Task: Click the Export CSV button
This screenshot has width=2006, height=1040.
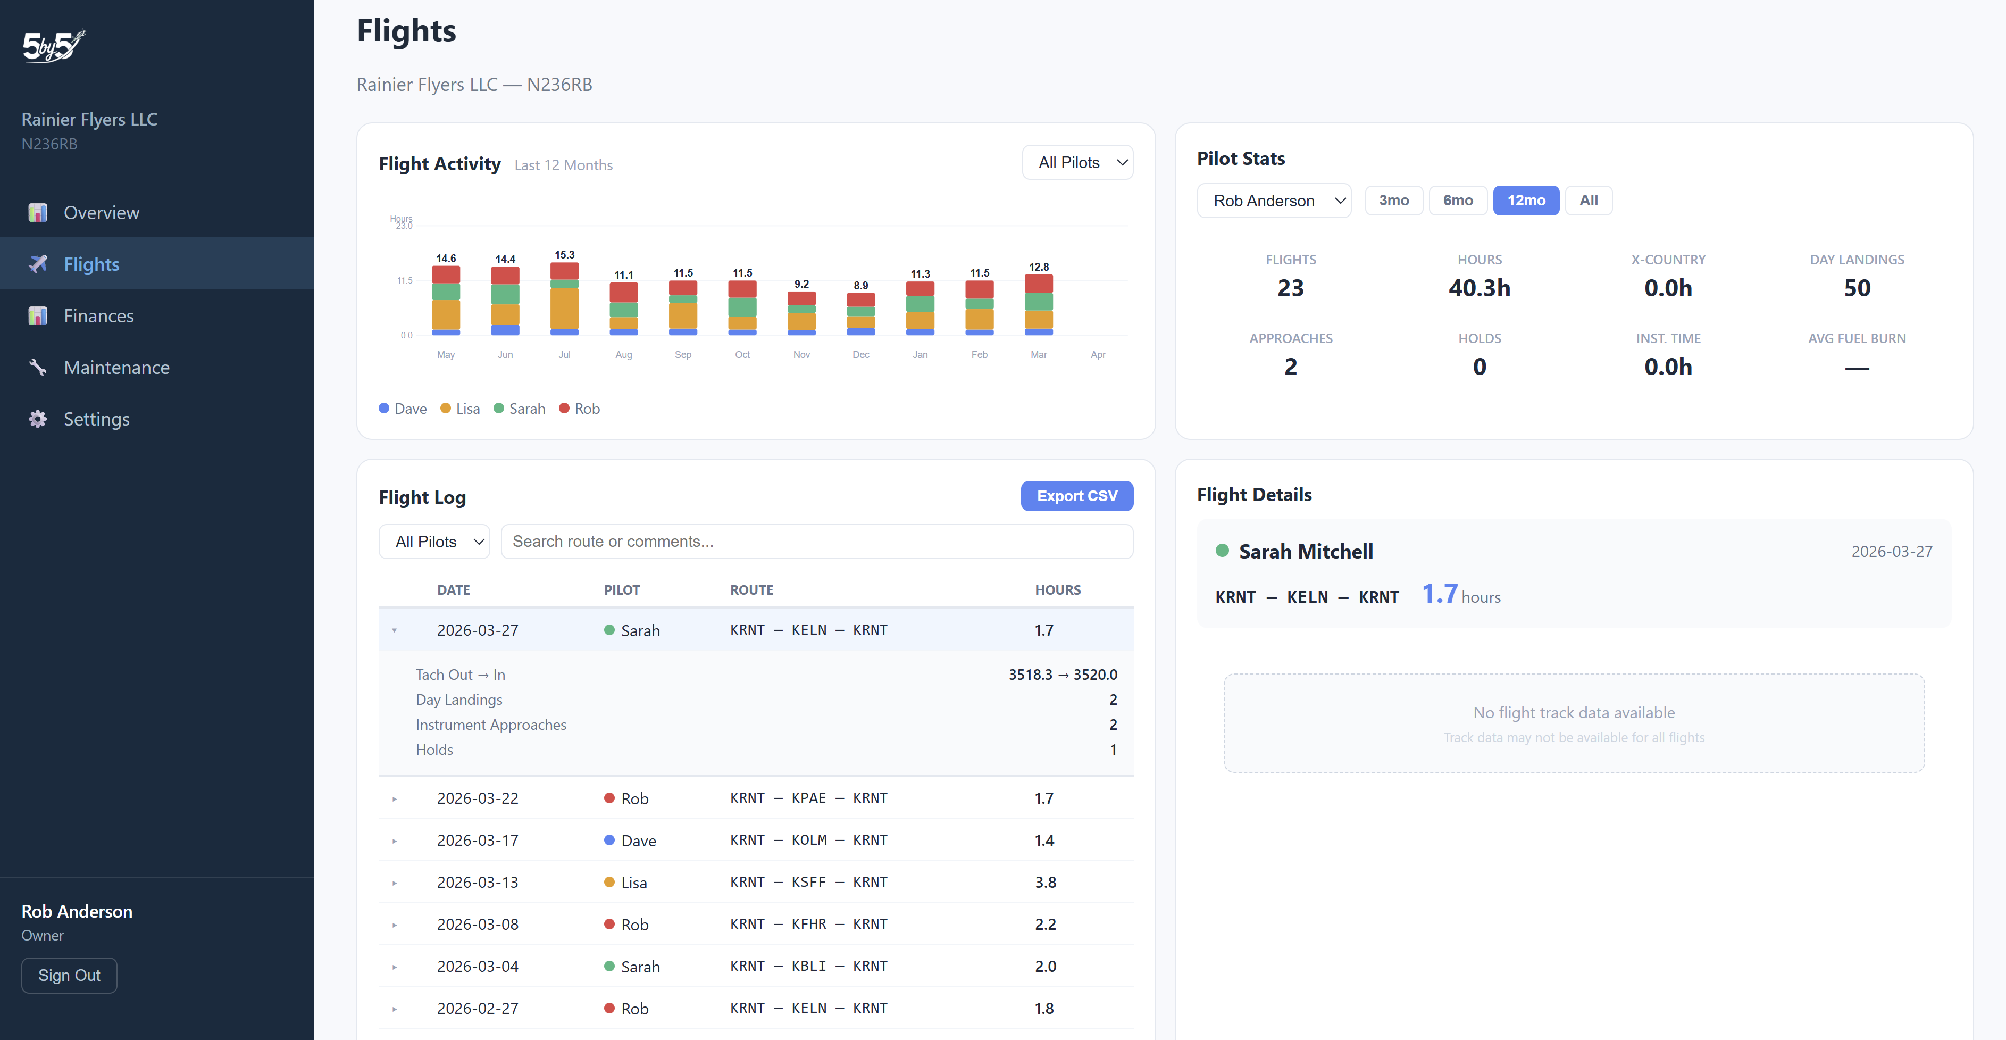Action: [1076, 496]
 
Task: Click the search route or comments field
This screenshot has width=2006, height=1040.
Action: [816, 542]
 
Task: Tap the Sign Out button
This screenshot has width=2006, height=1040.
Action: [69, 975]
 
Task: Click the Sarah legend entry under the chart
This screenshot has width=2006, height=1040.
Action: [520, 409]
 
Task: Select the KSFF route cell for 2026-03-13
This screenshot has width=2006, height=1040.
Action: [808, 882]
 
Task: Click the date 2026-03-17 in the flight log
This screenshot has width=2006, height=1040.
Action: [478, 841]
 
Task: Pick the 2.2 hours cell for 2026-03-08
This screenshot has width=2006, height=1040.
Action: [1045, 925]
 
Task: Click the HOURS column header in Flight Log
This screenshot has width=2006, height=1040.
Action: [1057, 590]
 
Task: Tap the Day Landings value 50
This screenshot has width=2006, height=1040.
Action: [1857, 288]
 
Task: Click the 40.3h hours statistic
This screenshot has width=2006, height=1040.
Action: [1479, 288]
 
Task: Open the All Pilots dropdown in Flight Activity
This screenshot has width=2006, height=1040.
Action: [1077, 163]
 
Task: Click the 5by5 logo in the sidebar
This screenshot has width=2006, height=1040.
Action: [54, 46]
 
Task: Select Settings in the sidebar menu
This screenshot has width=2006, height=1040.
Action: [97, 419]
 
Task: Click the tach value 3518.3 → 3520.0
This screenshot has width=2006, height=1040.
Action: [1062, 675]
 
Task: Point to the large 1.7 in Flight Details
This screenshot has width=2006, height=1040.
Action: [1439, 594]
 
